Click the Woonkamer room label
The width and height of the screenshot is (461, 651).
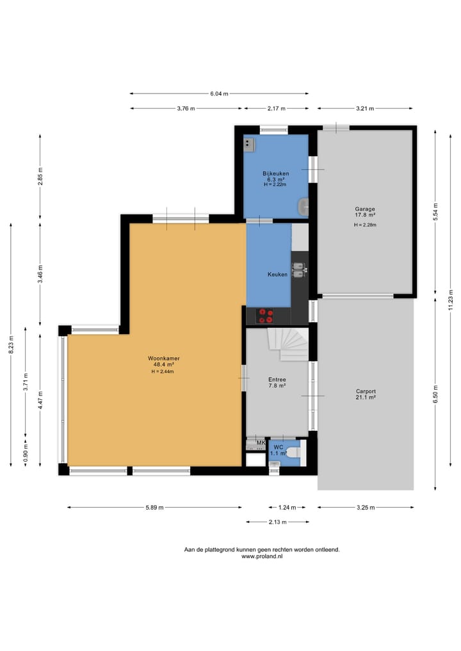(164, 358)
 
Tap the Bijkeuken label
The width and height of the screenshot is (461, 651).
(276, 173)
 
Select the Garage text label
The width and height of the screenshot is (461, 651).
(365, 209)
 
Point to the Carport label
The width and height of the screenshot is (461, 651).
(366, 391)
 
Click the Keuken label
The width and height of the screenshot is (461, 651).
(277, 275)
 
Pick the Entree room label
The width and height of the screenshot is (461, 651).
(277, 380)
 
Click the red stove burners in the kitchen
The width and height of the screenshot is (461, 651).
(265, 316)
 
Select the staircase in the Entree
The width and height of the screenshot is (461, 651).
(288, 344)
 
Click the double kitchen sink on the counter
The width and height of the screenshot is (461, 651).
(299, 270)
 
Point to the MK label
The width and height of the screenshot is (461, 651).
(261, 443)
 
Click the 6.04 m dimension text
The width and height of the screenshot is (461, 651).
(219, 94)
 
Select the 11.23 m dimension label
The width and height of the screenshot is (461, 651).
(451, 300)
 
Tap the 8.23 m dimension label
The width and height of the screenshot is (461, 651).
(12, 344)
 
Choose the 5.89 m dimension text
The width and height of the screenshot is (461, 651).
(154, 508)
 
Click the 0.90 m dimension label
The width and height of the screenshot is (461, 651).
(26, 453)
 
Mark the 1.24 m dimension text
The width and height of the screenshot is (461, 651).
(287, 508)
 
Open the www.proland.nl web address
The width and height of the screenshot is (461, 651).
(262, 556)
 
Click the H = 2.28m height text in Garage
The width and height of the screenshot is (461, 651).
(365, 225)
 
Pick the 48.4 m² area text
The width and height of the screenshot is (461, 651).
(164, 364)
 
